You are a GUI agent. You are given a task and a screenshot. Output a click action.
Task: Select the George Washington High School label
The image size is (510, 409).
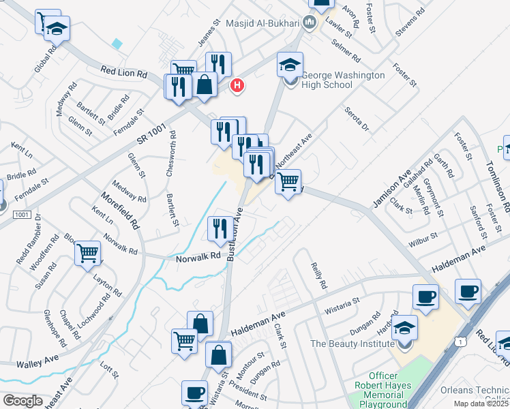343,80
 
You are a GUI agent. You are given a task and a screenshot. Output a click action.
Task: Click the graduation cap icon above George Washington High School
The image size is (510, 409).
290,65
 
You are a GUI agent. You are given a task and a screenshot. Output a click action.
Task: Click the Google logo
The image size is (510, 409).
22,401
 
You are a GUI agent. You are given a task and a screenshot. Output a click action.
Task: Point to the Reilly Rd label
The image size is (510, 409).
319,275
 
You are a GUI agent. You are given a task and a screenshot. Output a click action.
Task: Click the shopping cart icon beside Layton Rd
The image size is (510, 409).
88,254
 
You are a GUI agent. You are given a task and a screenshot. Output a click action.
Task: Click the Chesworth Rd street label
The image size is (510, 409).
171,158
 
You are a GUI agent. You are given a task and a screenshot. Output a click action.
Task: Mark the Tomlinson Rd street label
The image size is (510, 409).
497,184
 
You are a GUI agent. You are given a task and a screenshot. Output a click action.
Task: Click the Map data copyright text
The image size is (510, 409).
481,404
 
